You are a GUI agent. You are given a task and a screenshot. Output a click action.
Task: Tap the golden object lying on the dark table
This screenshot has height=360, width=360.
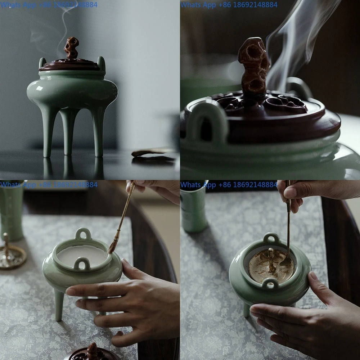click(153, 154)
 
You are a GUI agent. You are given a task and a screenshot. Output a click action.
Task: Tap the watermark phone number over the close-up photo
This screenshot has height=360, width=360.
click(229, 5)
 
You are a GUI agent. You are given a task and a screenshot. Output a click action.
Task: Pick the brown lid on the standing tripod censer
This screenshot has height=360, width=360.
click(70, 65)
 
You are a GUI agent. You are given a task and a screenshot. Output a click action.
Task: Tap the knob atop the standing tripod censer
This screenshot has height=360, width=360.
click(71, 47)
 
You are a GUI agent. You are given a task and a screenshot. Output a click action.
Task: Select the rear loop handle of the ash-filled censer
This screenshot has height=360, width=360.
click(83, 234)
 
